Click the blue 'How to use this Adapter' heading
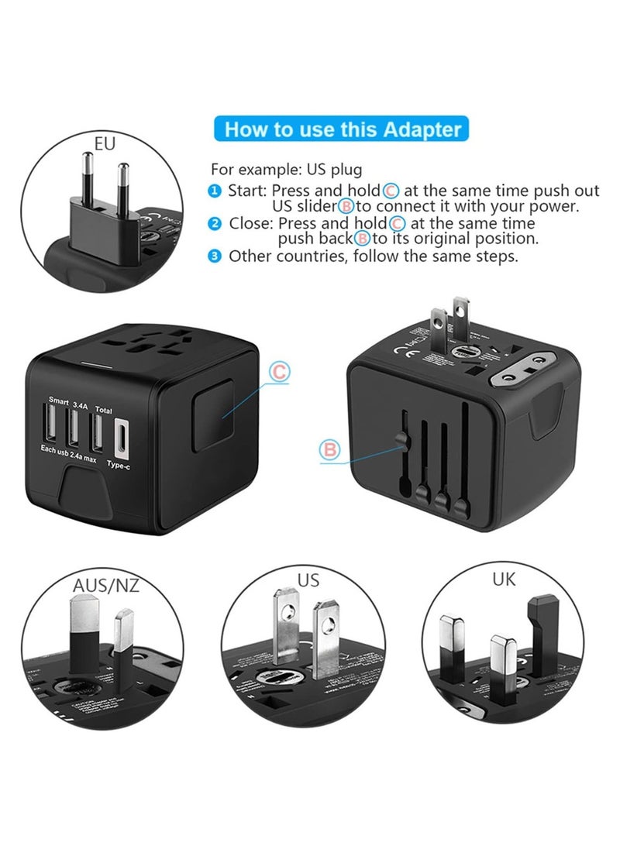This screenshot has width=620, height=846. click(342, 129)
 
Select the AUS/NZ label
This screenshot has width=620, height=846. click(106, 585)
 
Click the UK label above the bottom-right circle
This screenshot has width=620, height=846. click(504, 578)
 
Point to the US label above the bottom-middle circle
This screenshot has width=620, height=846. click(308, 579)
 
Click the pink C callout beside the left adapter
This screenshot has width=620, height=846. click(279, 373)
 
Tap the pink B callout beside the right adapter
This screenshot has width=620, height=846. click(330, 449)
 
